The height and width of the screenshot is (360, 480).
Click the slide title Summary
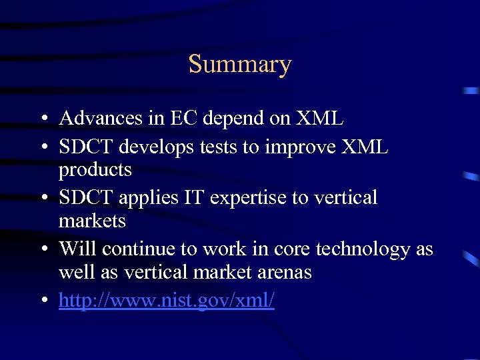click(x=240, y=65)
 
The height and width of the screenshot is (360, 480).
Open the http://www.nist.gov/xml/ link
click(x=166, y=301)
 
